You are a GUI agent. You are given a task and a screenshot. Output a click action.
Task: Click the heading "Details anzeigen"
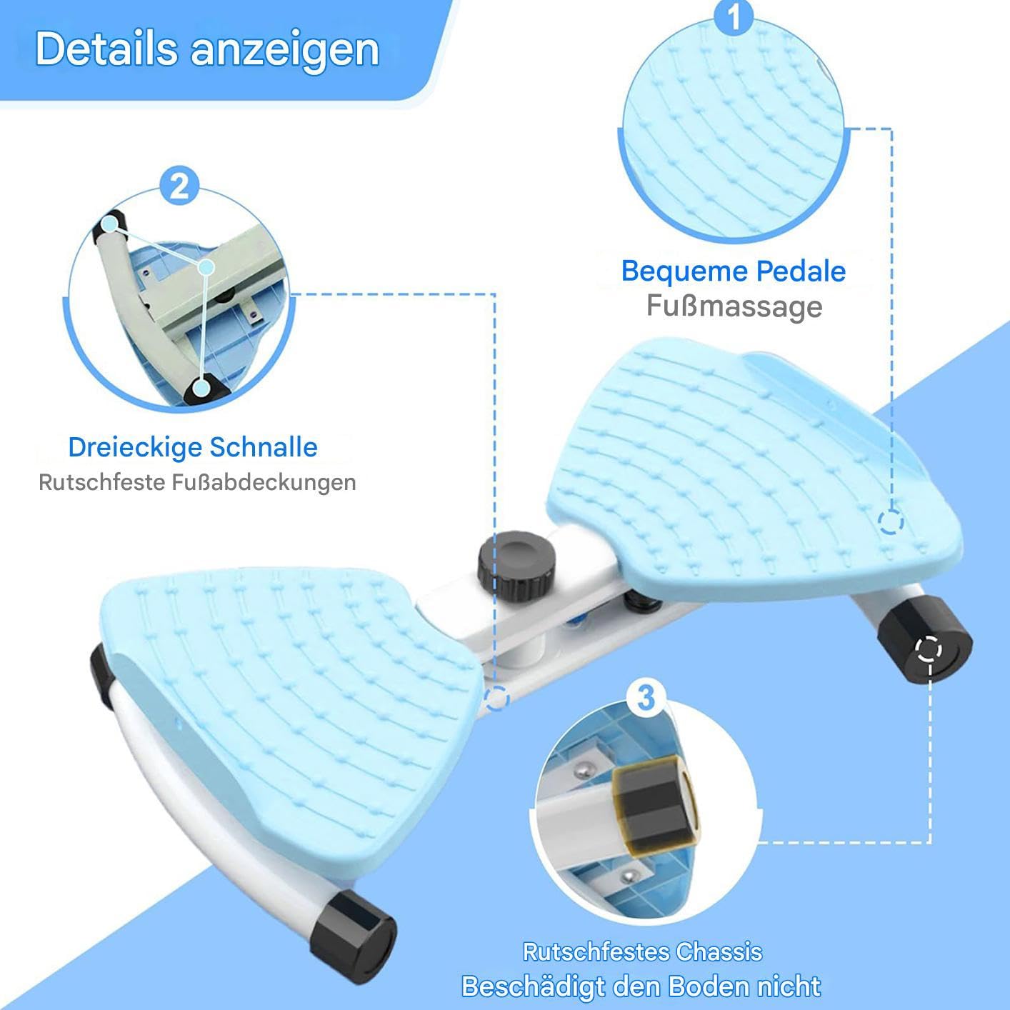pyautogui.click(x=207, y=50)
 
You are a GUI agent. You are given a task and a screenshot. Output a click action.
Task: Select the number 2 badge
pyautogui.click(x=179, y=186)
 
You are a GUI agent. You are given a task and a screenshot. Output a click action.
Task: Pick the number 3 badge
pyautogui.click(x=646, y=698)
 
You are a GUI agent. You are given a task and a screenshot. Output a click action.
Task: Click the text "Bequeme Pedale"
pyautogui.click(x=734, y=271)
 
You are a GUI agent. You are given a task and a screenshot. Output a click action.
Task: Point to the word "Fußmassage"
pyautogui.click(x=734, y=306)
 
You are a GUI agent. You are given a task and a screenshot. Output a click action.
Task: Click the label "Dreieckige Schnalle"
pyautogui.click(x=193, y=447)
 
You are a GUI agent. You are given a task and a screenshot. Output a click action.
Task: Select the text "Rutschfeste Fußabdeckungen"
pyautogui.click(x=197, y=482)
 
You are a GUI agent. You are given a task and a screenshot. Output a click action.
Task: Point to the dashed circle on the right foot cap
pyautogui.click(x=929, y=650)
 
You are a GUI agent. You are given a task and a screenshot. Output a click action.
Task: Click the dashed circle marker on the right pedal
pyautogui.click(x=891, y=521)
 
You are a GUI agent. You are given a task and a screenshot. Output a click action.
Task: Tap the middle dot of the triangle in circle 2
pyautogui.click(x=206, y=267)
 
